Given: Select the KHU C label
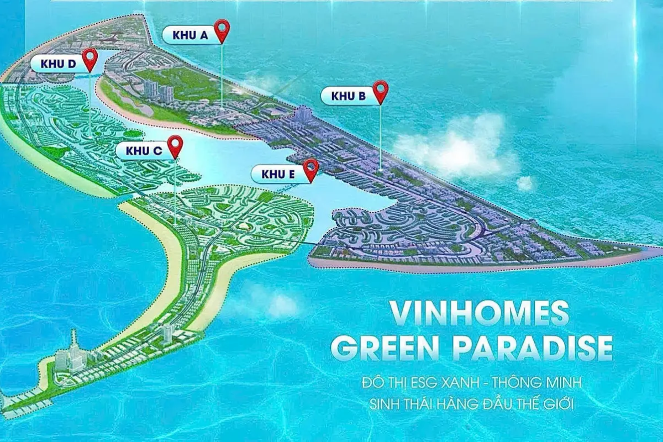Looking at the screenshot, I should (x=144, y=150).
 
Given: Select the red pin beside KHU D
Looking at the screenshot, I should (x=90, y=59).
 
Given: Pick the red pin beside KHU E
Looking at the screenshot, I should (x=311, y=169).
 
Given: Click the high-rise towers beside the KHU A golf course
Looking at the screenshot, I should (x=157, y=91).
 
